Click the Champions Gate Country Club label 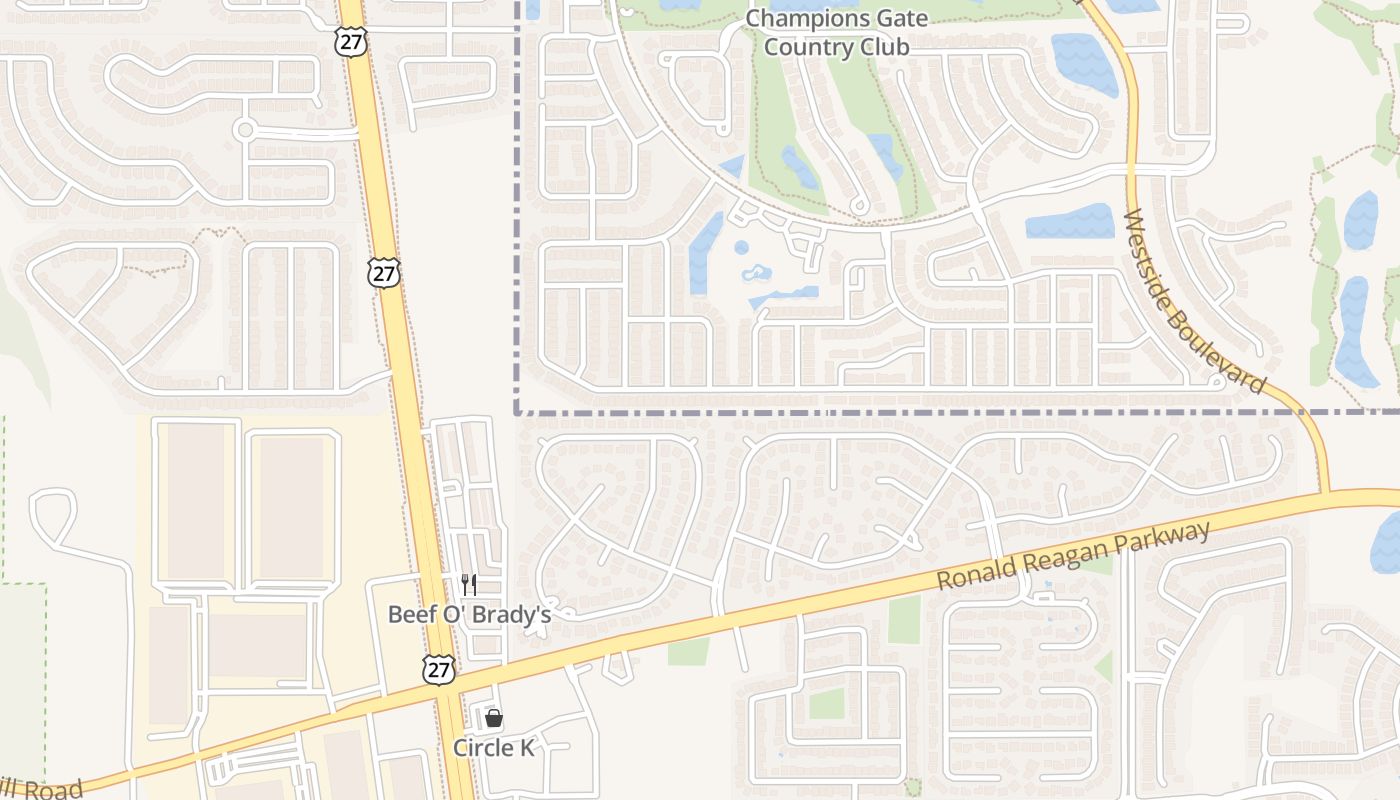(837, 32)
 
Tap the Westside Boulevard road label (1195, 302)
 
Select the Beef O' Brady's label (469, 614)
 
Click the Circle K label (494, 748)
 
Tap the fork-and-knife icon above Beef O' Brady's (468, 585)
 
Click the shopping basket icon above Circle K (493, 717)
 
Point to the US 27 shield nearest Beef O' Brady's (438, 669)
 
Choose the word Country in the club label (803, 46)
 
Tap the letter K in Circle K (527, 748)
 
